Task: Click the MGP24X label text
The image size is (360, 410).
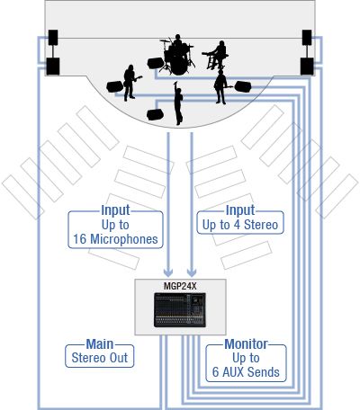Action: [x=180, y=286]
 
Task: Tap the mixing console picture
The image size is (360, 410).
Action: [x=180, y=310]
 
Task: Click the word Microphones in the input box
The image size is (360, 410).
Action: [x=124, y=239]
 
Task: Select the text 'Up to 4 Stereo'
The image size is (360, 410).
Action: [x=240, y=225]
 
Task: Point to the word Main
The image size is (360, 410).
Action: [x=100, y=344]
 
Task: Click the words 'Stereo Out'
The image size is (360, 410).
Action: [x=100, y=358]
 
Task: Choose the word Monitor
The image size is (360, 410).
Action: [x=246, y=344]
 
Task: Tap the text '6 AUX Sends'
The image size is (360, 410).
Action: [x=246, y=372]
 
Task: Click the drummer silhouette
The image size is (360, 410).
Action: [x=177, y=55]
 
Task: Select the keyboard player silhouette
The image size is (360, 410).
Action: [x=217, y=55]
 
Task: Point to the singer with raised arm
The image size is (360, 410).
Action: [x=178, y=102]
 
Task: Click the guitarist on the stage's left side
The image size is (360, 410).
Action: [x=130, y=83]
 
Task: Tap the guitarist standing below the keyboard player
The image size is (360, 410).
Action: [x=221, y=87]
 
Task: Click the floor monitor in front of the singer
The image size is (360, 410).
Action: [x=155, y=114]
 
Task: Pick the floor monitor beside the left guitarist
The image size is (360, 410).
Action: [x=114, y=86]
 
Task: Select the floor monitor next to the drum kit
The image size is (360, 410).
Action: [x=156, y=63]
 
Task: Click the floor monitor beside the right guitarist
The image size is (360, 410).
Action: [x=243, y=86]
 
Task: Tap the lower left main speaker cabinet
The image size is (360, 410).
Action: [x=53, y=67]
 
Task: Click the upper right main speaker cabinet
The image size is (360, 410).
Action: [x=307, y=38]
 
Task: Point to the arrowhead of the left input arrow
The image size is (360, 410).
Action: [x=168, y=272]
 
